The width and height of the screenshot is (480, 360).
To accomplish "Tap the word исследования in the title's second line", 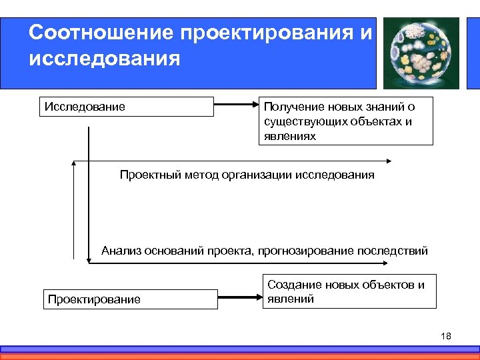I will pos(105,59).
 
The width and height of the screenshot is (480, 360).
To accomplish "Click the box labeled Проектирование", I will pos(131,299).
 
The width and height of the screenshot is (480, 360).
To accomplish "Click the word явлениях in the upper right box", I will pos(290,136).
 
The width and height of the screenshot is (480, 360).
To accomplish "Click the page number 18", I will pos(446,336).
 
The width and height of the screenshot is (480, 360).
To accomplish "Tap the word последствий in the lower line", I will pos(393,251).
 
